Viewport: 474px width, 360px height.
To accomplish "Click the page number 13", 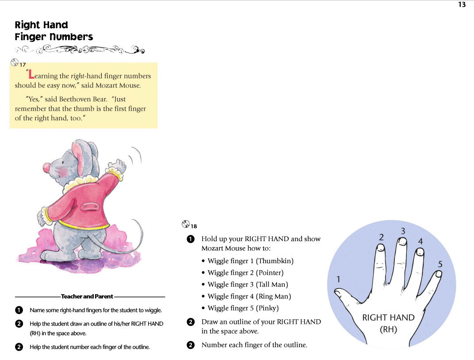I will pos(462,5).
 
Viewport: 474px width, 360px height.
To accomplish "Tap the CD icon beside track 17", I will pos(14,63).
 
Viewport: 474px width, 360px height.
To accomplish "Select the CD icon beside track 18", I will pos(186,224).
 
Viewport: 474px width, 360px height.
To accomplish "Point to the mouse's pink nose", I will pos(46,167).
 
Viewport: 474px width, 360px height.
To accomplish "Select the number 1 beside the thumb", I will pos(338,279).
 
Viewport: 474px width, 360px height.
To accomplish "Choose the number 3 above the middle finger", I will pos(403,231).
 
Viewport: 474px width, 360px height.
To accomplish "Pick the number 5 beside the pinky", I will pos(440,264).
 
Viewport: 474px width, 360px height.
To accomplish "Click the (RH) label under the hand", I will pos(388,329).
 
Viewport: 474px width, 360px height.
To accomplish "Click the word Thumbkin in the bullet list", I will pos(275,261).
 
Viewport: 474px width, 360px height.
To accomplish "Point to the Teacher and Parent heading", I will pos(87,296).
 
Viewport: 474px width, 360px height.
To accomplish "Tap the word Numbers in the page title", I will pos(73,37).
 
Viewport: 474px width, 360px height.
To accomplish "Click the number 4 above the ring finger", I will pos(420,241).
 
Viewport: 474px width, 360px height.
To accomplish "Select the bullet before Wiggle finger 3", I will pos(203,285).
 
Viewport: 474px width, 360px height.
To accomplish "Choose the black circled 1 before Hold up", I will pos(191,239).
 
